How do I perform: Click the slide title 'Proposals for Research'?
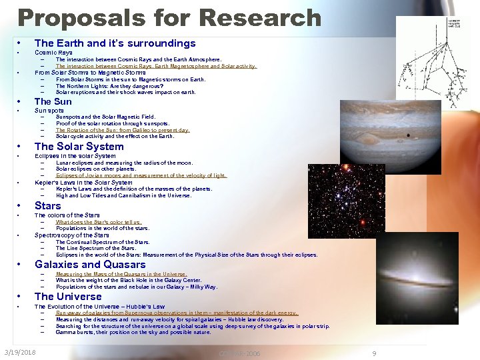coord(169,17)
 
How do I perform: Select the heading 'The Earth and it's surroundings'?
coord(115,43)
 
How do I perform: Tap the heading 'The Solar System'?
coord(79,147)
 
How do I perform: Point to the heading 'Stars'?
coord(47,205)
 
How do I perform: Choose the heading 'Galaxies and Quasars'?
coord(90,265)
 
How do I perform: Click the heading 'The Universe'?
coord(68,297)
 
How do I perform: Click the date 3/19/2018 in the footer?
coord(20,352)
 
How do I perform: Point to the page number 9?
coord(374,353)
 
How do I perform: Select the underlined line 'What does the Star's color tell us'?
coord(99,222)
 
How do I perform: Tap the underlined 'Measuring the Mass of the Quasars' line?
coord(121,274)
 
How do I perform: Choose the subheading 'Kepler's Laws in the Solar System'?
coord(83,183)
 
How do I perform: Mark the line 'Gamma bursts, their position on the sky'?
coord(133,332)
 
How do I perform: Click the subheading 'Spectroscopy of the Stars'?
coord(72,235)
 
